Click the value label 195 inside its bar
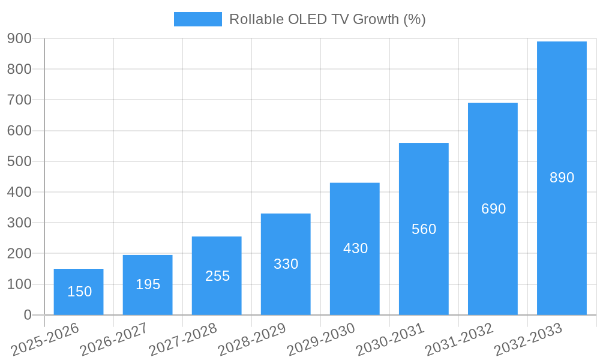click(x=148, y=284)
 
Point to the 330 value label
click(x=286, y=264)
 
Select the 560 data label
click(x=424, y=229)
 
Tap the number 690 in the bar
click(x=493, y=209)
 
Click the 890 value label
click(x=562, y=178)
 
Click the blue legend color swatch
click(x=197, y=19)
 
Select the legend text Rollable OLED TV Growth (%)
click(x=327, y=19)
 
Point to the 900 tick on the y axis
click(x=19, y=38)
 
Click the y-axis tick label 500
click(x=19, y=161)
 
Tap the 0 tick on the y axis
click(x=27, y=315)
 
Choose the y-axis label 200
click(x=19, y=253)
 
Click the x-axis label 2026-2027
click(x=115, y=339)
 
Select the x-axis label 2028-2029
click(x=253, y=339)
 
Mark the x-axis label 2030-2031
click(x=391, y=339)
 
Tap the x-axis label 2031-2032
click(x=460, y=339)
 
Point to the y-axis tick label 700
click(x=19, y=100)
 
